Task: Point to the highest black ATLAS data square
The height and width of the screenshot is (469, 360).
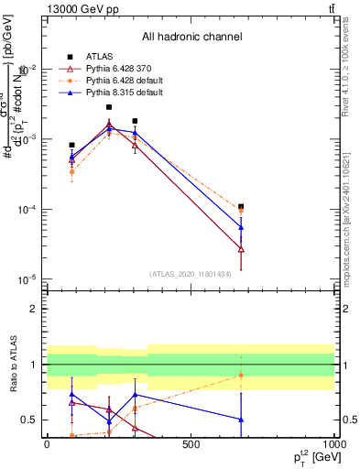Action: coord(109,107)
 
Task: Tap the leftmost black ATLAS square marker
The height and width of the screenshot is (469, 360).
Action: coord(71,145)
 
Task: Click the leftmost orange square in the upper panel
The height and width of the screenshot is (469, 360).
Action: coord(71,171)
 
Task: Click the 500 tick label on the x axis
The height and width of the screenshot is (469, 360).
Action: coord(191,444)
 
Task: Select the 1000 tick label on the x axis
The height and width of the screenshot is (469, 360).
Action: coord(333,444)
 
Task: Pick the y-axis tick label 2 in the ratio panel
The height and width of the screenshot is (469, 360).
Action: coord(33,310)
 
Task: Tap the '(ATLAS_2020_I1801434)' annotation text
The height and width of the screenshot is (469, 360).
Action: coord(191,274)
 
